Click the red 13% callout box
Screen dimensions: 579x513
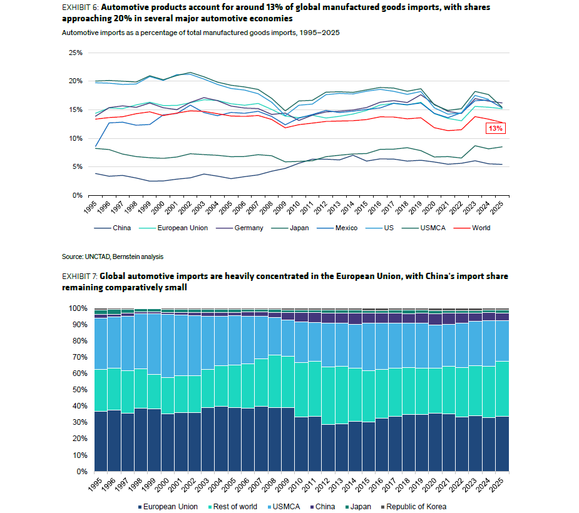496,128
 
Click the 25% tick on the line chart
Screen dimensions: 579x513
75,53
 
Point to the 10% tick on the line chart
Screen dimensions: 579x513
75,138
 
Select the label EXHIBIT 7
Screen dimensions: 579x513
79,276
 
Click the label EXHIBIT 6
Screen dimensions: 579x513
79,8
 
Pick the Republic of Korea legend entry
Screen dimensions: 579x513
414,507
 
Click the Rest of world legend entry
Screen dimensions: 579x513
233,507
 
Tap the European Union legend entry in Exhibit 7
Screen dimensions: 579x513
168,507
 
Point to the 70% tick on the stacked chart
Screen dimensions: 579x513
79,357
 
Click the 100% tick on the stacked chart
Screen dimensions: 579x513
78,308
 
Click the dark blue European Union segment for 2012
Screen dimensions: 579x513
328,448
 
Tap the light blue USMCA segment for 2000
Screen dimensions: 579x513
168,346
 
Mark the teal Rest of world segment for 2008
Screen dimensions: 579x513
275,381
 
